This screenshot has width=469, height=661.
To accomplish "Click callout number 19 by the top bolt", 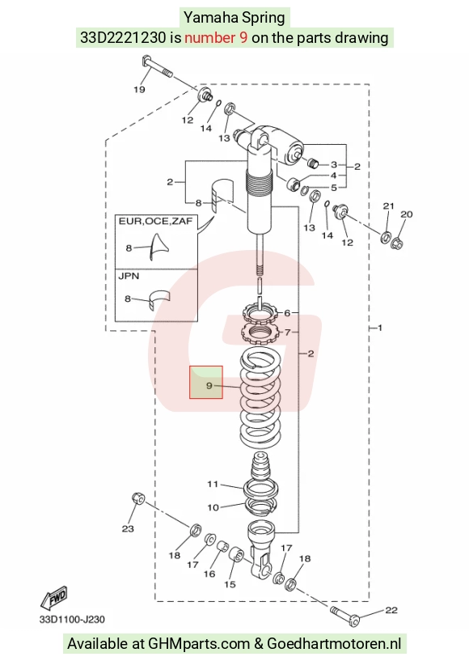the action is (x=139, y=89).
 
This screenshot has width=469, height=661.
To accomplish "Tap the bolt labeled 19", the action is (x=157, y=66).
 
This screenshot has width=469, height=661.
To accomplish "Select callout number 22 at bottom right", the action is (x=391, y=610).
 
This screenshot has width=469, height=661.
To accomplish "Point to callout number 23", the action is (x=128, y=528).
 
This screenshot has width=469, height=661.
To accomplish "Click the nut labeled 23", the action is (x=138, y=498).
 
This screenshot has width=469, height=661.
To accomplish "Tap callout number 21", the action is (x=388, y=206).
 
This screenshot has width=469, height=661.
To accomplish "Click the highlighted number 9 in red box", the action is (x=209, y=385).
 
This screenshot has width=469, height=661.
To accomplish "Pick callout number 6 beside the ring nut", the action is (x=287, y=313).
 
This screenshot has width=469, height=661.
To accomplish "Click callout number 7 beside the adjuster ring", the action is (x=288, y=333).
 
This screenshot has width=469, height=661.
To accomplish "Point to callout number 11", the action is (x=213, y=485).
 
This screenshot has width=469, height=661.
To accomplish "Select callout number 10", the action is (x=213, y=507).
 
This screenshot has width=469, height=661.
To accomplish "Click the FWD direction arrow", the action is (x=54, y=597).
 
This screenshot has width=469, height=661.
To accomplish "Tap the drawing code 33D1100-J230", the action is (x=72, y=620).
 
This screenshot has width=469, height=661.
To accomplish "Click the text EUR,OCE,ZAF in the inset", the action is (x=155, y=222).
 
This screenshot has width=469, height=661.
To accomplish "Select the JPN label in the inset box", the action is (x=129, y=276).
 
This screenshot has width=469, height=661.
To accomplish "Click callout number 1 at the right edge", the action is (x=380, y=328).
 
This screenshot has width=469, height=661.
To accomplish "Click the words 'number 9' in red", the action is (x=216, y=37).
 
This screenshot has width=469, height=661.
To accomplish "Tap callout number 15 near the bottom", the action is (x=230, y=584).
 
